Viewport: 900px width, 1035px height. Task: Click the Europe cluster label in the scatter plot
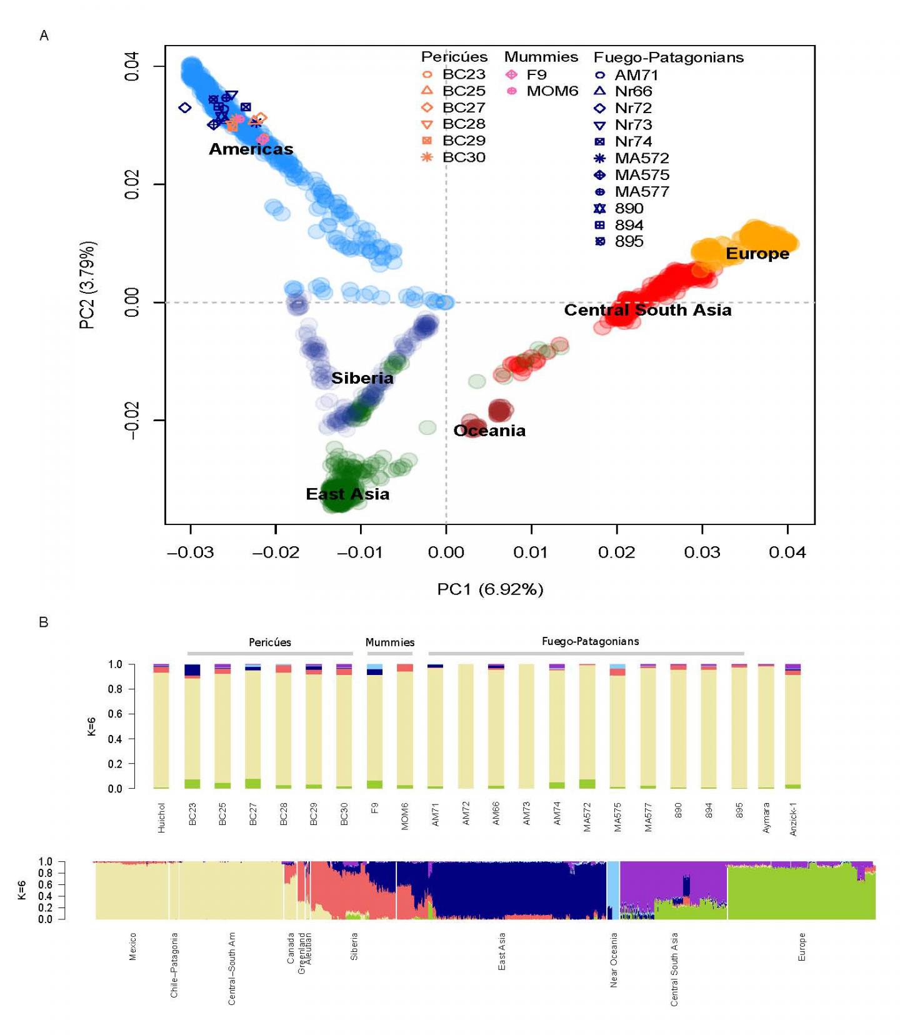coord(757,254)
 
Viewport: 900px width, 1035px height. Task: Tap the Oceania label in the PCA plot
coord(489,431)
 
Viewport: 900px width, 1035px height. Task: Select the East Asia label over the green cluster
coord(347,494)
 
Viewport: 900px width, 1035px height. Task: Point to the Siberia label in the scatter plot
coord(362,378)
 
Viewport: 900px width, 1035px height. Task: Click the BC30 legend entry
coord(463,157)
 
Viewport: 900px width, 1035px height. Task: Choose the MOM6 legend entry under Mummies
coord(551,91)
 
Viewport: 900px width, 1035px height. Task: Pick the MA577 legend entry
coord(641,192)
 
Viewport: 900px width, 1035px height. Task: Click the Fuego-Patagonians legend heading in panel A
coord(668,57)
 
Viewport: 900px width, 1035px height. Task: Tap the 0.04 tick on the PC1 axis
coord(787,552)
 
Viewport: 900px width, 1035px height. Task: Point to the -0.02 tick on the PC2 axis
coord(132,420)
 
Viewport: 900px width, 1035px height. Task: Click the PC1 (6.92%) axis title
coord(490,589)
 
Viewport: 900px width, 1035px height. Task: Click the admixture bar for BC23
coord(192,726)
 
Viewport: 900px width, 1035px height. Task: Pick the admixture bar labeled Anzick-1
coord(792,726)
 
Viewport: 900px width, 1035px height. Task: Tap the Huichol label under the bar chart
coord(162,817)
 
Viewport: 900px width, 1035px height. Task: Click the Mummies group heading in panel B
coord(390,642)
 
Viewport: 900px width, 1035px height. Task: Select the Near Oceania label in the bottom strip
coord(613,960)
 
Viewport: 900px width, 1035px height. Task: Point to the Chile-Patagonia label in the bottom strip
coord(174,965)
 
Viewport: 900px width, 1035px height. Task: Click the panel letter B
coord(44,622)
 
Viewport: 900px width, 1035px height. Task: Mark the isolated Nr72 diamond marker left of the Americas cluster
coord(184,108)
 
